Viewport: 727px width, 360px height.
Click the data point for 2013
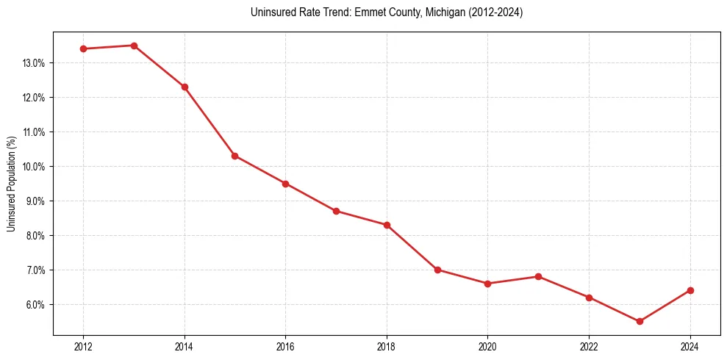[x=134, y=46]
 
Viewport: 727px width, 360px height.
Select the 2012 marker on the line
[x=83, y=49]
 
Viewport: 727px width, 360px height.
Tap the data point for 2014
[x=185, y=87]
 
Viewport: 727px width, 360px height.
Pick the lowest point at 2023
[x=640, y=321]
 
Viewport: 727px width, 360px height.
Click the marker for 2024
[x=690, y=290]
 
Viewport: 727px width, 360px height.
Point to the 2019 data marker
[x=437, y=270]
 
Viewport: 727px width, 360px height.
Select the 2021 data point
[x=538, y=277]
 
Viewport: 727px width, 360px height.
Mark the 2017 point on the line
[x=336, y=211]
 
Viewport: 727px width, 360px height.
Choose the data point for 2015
[x=234, y=156]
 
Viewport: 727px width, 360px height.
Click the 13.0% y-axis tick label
[x=34, y=63]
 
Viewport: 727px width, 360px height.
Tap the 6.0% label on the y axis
[x=35, y=305]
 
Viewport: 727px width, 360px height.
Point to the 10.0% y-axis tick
[x=34, y=167]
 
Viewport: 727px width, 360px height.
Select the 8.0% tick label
[x=35, y=236]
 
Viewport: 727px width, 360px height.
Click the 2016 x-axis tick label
[x=285, y=347]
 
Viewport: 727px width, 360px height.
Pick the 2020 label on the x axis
[x=487, y=347]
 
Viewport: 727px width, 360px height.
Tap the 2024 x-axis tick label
[x=690, y=347]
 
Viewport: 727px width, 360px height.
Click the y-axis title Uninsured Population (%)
[x=11, y=184]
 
